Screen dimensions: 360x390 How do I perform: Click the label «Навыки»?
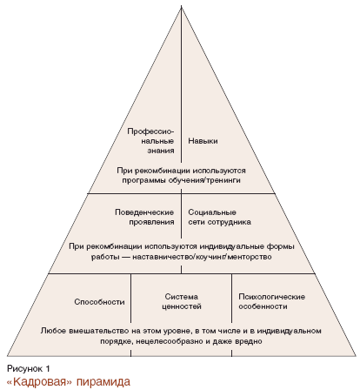203,141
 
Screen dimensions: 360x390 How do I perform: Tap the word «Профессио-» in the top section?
150,131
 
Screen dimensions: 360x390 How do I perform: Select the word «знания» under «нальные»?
161,151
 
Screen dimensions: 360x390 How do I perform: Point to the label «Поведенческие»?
144,212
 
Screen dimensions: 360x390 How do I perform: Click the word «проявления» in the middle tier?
151,222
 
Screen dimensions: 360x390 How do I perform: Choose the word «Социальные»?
212,212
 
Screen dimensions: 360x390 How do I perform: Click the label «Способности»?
99,302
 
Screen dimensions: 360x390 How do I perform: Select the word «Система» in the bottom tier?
182,297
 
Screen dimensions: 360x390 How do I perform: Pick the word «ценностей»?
182,306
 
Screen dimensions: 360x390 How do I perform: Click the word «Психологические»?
271,297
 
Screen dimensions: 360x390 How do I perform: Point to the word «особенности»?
263,306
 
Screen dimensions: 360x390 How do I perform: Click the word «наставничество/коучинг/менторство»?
202,257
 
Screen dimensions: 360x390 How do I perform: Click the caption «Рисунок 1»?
29,369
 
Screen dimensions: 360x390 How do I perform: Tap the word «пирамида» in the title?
103,381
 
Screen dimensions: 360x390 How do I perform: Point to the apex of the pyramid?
182,5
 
